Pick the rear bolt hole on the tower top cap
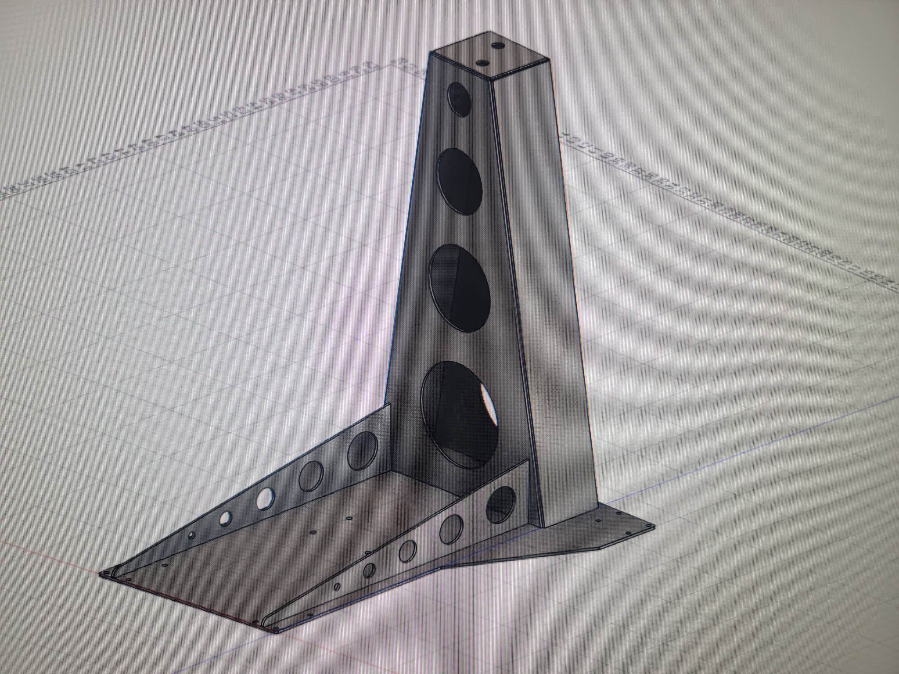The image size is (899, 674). point(498,45)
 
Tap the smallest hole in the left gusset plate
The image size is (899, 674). point(192,535)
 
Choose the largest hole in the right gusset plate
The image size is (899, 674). point(501,505)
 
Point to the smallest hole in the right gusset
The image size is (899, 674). point(337,587)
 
